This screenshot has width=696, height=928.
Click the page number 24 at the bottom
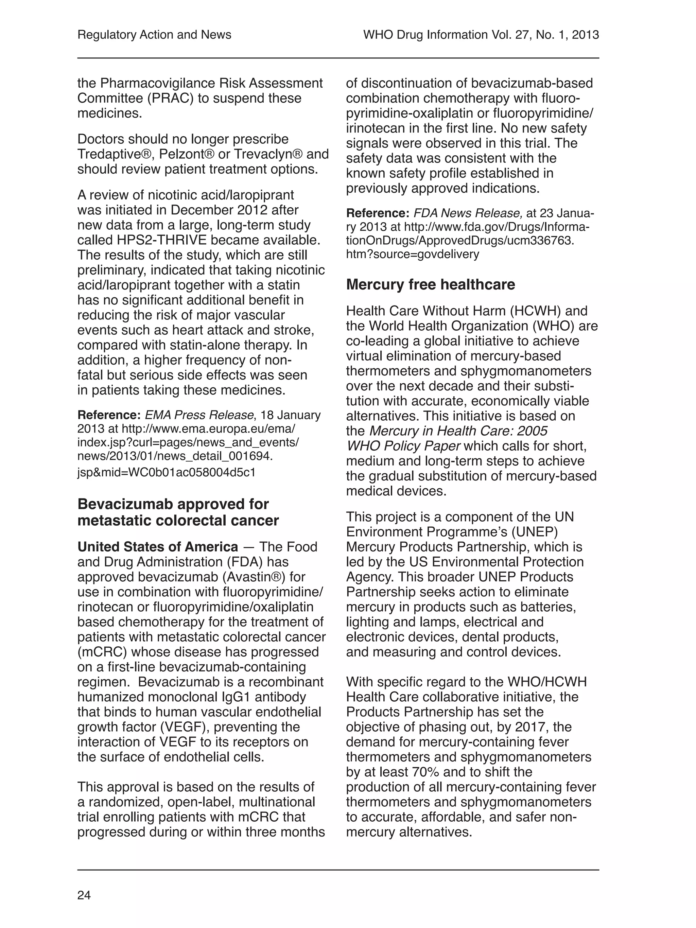coord(84,895)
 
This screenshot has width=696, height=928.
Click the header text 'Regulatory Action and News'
coord(154,34)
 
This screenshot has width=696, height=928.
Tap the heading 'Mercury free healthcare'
coord(431,284)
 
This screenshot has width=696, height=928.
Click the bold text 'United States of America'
coord(158,547)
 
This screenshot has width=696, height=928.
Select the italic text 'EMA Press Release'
coord(199,415)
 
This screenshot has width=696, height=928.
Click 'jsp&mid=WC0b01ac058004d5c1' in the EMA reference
coord(166,472)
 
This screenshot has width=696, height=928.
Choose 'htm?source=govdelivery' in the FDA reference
coord(412,254)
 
